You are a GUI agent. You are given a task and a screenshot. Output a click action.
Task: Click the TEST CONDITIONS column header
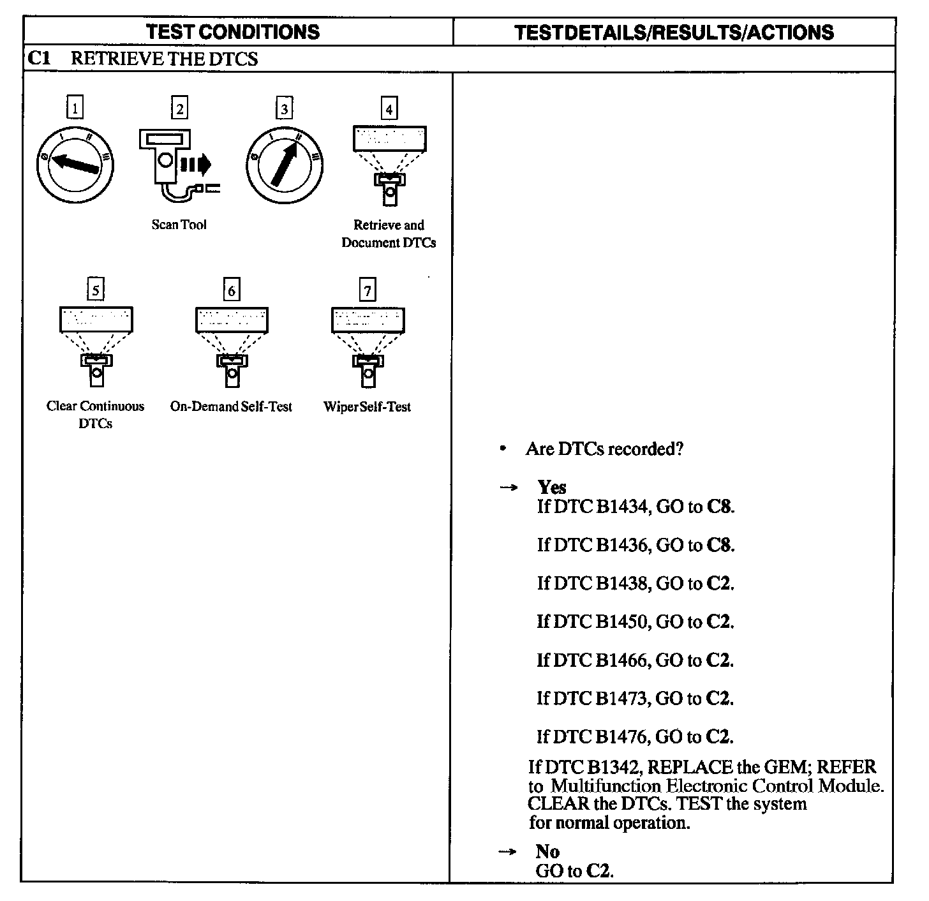pyautogui.click(x=233, y=32)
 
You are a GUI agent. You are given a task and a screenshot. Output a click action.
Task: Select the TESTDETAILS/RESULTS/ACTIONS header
pyautogui.click(x=674, y=33)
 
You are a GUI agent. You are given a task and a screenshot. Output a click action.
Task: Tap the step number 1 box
pyautogui.click(x=75, y=108)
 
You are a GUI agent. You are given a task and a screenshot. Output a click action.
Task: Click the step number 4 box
pyautogui.click(x=389, y=108)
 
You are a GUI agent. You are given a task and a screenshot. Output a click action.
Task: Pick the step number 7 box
pyautogui.click(x=368, y=290)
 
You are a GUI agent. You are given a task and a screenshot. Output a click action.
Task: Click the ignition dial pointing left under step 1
pyautogui.click(x=75, y=164)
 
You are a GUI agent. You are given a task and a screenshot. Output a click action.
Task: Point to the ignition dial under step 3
pyautogui.click(x=284, y=164)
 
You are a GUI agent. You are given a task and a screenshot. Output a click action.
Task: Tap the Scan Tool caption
pyautogui.click(x=179, y=225)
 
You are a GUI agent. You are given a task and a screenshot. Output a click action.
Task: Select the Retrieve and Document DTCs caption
pyautogui.click(x=389, y=234)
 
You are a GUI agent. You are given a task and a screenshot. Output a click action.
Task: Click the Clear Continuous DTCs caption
pyautogui.click(x=95, y=415)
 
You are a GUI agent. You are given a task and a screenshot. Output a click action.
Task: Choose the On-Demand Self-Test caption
pyautogui.click(x=231, y=406)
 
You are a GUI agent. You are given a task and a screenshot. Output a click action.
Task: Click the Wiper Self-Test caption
pyautogui.click(x=367, y=407)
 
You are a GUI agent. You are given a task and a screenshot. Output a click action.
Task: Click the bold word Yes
pyautogui.click(x=552, y=488)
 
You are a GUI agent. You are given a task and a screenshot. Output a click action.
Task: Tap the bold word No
pyautogui.click(x=547, y=851)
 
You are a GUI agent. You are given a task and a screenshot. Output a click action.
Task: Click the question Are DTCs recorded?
pyautogui.click(x=604, y=449)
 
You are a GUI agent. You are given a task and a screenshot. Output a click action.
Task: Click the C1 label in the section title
pyautogui.click(x=40, y=59)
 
